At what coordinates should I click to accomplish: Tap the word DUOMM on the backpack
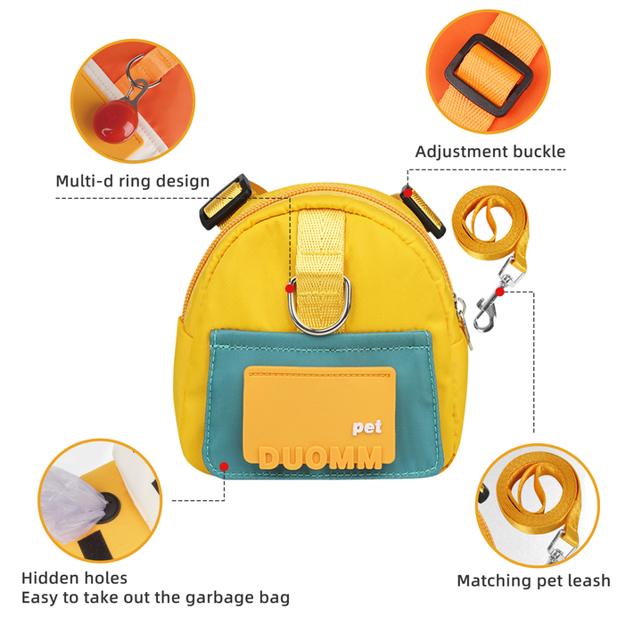[320, 457]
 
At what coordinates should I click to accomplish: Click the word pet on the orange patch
[366, 427]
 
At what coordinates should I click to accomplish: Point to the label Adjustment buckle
[490, 152]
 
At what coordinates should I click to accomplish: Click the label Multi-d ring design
[133, 182]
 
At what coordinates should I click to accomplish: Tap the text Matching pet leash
[533, 581]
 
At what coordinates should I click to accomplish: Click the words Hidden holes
[74, 579]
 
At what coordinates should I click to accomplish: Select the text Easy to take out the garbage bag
[155, 597]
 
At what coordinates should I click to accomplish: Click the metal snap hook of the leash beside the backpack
[487, 308]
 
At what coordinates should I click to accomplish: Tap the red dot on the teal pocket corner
[224, 465]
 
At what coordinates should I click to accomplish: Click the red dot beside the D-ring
[290, 288]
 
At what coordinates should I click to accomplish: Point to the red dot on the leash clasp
[500, 291]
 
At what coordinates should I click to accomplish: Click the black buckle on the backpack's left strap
[222, 202]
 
